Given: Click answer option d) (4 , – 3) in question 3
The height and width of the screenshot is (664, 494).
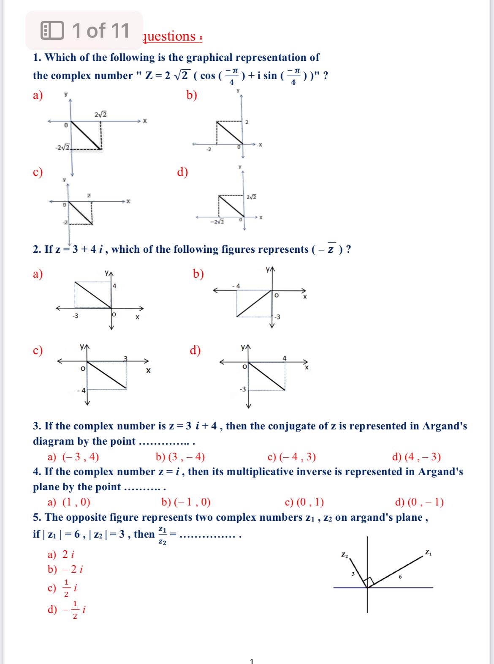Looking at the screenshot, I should pyautogui.click(x=416, y=457).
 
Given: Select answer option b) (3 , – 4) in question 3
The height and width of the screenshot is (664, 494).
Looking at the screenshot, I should pyautogui.click(x=180, y=457).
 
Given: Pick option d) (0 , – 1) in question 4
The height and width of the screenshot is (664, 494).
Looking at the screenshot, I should pyautogui.click(x=419, y=502).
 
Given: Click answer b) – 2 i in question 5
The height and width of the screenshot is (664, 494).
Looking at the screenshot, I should pyautogui.click(x=65, y=569).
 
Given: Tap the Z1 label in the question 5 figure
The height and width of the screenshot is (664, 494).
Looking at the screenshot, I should pyautogui.click(x=428, y=552).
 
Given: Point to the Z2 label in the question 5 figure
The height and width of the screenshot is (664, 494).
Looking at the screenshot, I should pyautogui.click(x=345, y=554).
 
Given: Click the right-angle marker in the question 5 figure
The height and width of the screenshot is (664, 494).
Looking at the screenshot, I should pyautogui.click(x=370, y=582).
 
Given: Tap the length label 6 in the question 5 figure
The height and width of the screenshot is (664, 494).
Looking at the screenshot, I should pyautogui.click(x=400, y=577).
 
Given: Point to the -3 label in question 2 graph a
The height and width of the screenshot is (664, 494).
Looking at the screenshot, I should pyautogui.click(x=75, y=316).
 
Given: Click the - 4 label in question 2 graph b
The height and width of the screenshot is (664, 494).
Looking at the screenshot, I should pyautogui.click(x=236, y=286).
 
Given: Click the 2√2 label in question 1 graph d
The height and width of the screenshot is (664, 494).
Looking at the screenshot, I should pyautogui.click(x=251, y=197).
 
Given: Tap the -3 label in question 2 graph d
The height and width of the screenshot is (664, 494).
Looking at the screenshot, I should pyautogui.click(x=242, y=389).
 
